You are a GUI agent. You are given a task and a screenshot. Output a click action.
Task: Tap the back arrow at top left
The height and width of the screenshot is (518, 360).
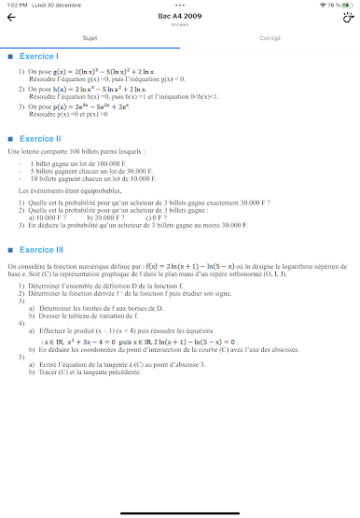(11, 18)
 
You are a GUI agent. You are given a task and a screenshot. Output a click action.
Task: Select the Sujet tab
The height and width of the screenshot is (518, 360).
(90, 38)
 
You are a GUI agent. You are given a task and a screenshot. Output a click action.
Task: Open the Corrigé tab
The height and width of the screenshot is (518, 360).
(270, 38)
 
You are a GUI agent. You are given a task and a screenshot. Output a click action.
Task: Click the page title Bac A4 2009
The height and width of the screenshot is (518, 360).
(179, 16)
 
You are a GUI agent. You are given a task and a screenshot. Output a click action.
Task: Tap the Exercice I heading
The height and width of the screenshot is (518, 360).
(38, 57)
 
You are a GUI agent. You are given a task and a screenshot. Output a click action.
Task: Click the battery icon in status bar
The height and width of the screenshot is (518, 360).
(348, 5)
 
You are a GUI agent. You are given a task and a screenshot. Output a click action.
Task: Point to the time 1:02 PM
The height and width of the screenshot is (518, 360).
(16, 5)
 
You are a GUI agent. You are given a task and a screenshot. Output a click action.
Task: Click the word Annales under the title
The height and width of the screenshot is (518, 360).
(179, 25)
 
